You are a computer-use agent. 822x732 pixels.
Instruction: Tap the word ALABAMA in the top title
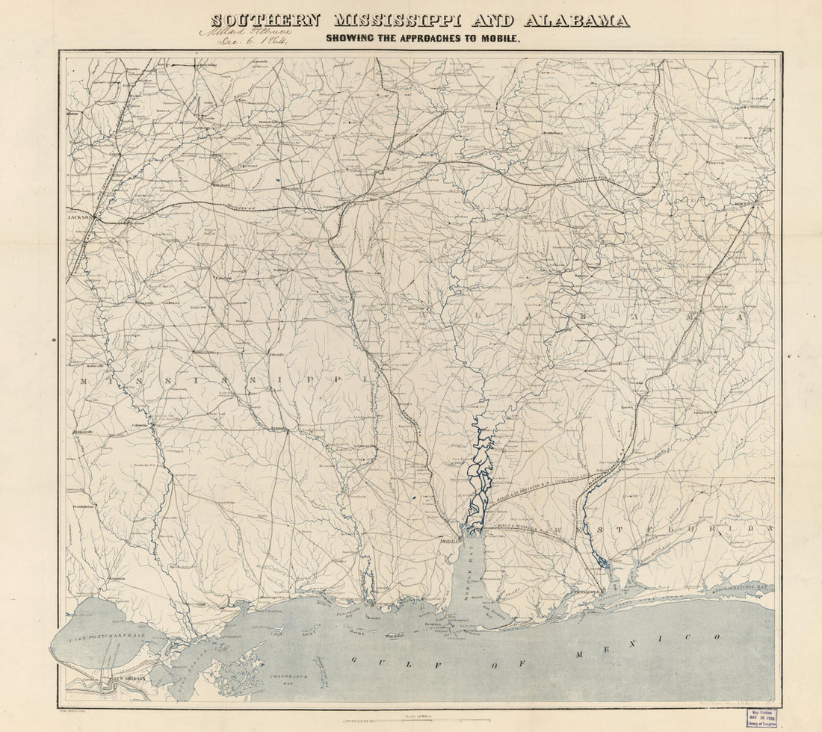(577, 20)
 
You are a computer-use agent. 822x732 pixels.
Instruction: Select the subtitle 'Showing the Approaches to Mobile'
(421, 37)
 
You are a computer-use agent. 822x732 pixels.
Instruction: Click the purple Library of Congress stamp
(761, 718)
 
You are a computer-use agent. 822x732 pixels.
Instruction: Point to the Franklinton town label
(84, 506)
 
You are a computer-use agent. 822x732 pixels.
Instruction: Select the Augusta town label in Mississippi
(278, 429)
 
